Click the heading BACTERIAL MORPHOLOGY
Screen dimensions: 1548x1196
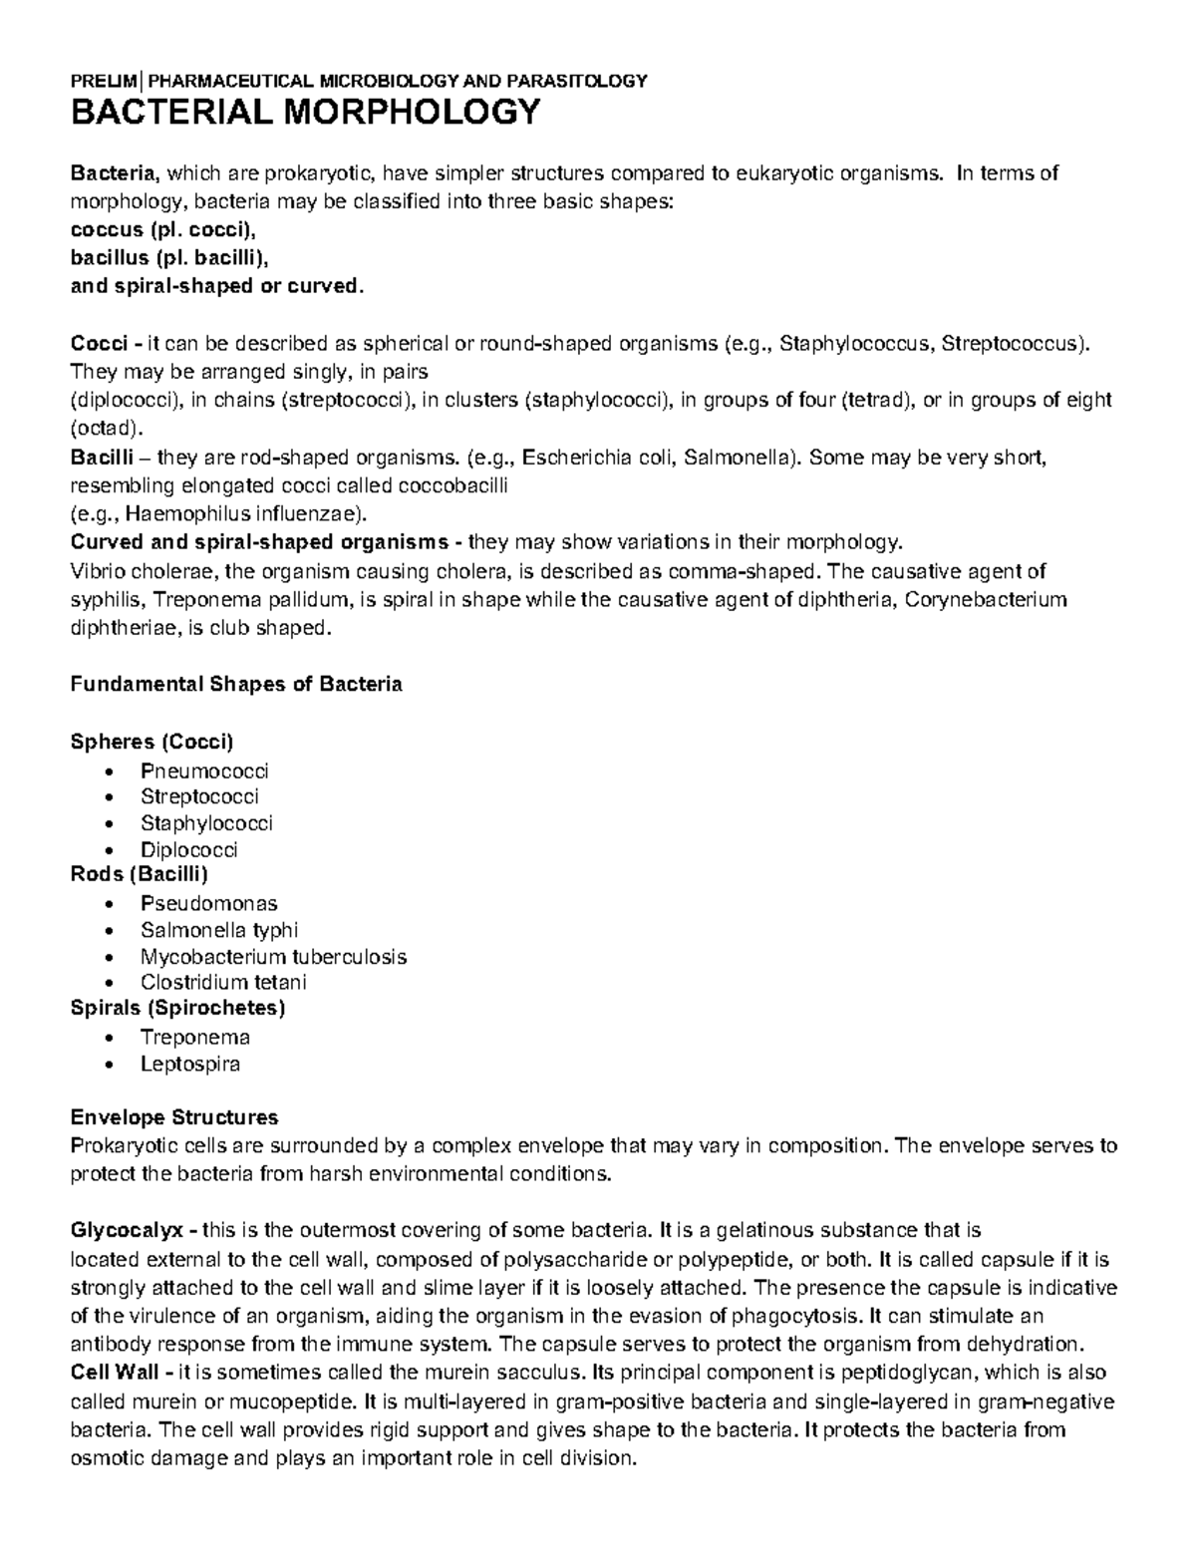click(x=305, y=113)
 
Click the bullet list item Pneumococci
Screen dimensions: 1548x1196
click(x=204, y=771)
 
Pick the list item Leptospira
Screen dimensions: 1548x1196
click(x=190, y=1064)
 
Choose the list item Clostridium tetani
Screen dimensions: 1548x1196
click(x=223, y=982)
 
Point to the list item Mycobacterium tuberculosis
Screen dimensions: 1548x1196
click(x=273, y=957)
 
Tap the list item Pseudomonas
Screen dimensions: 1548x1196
click(x=208, y=903)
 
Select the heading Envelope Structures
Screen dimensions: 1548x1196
click(x=174, y=1116)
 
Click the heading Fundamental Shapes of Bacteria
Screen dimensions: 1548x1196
click(x=236, y=685)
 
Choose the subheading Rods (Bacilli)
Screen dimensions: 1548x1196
click(x=139, y=875)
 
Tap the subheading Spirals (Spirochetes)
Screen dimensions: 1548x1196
click(x=177, y=1008)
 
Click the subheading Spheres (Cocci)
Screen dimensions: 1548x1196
click(x=151, y=742)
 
